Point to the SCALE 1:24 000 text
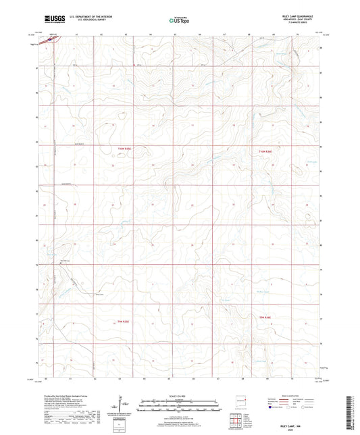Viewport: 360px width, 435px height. tap(180, 396)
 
